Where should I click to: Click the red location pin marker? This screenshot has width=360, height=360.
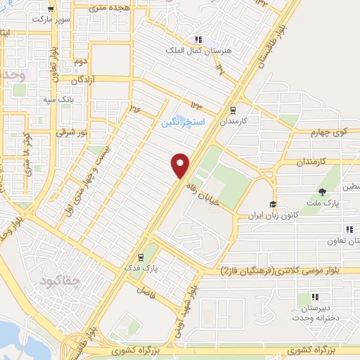[181, 165]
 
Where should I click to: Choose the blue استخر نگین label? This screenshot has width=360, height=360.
[182, 122]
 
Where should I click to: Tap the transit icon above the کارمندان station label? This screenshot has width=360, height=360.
[233, 110]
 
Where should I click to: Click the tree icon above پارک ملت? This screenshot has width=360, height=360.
[323, 192]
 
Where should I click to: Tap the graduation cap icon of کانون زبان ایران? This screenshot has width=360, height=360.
[273, 205]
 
